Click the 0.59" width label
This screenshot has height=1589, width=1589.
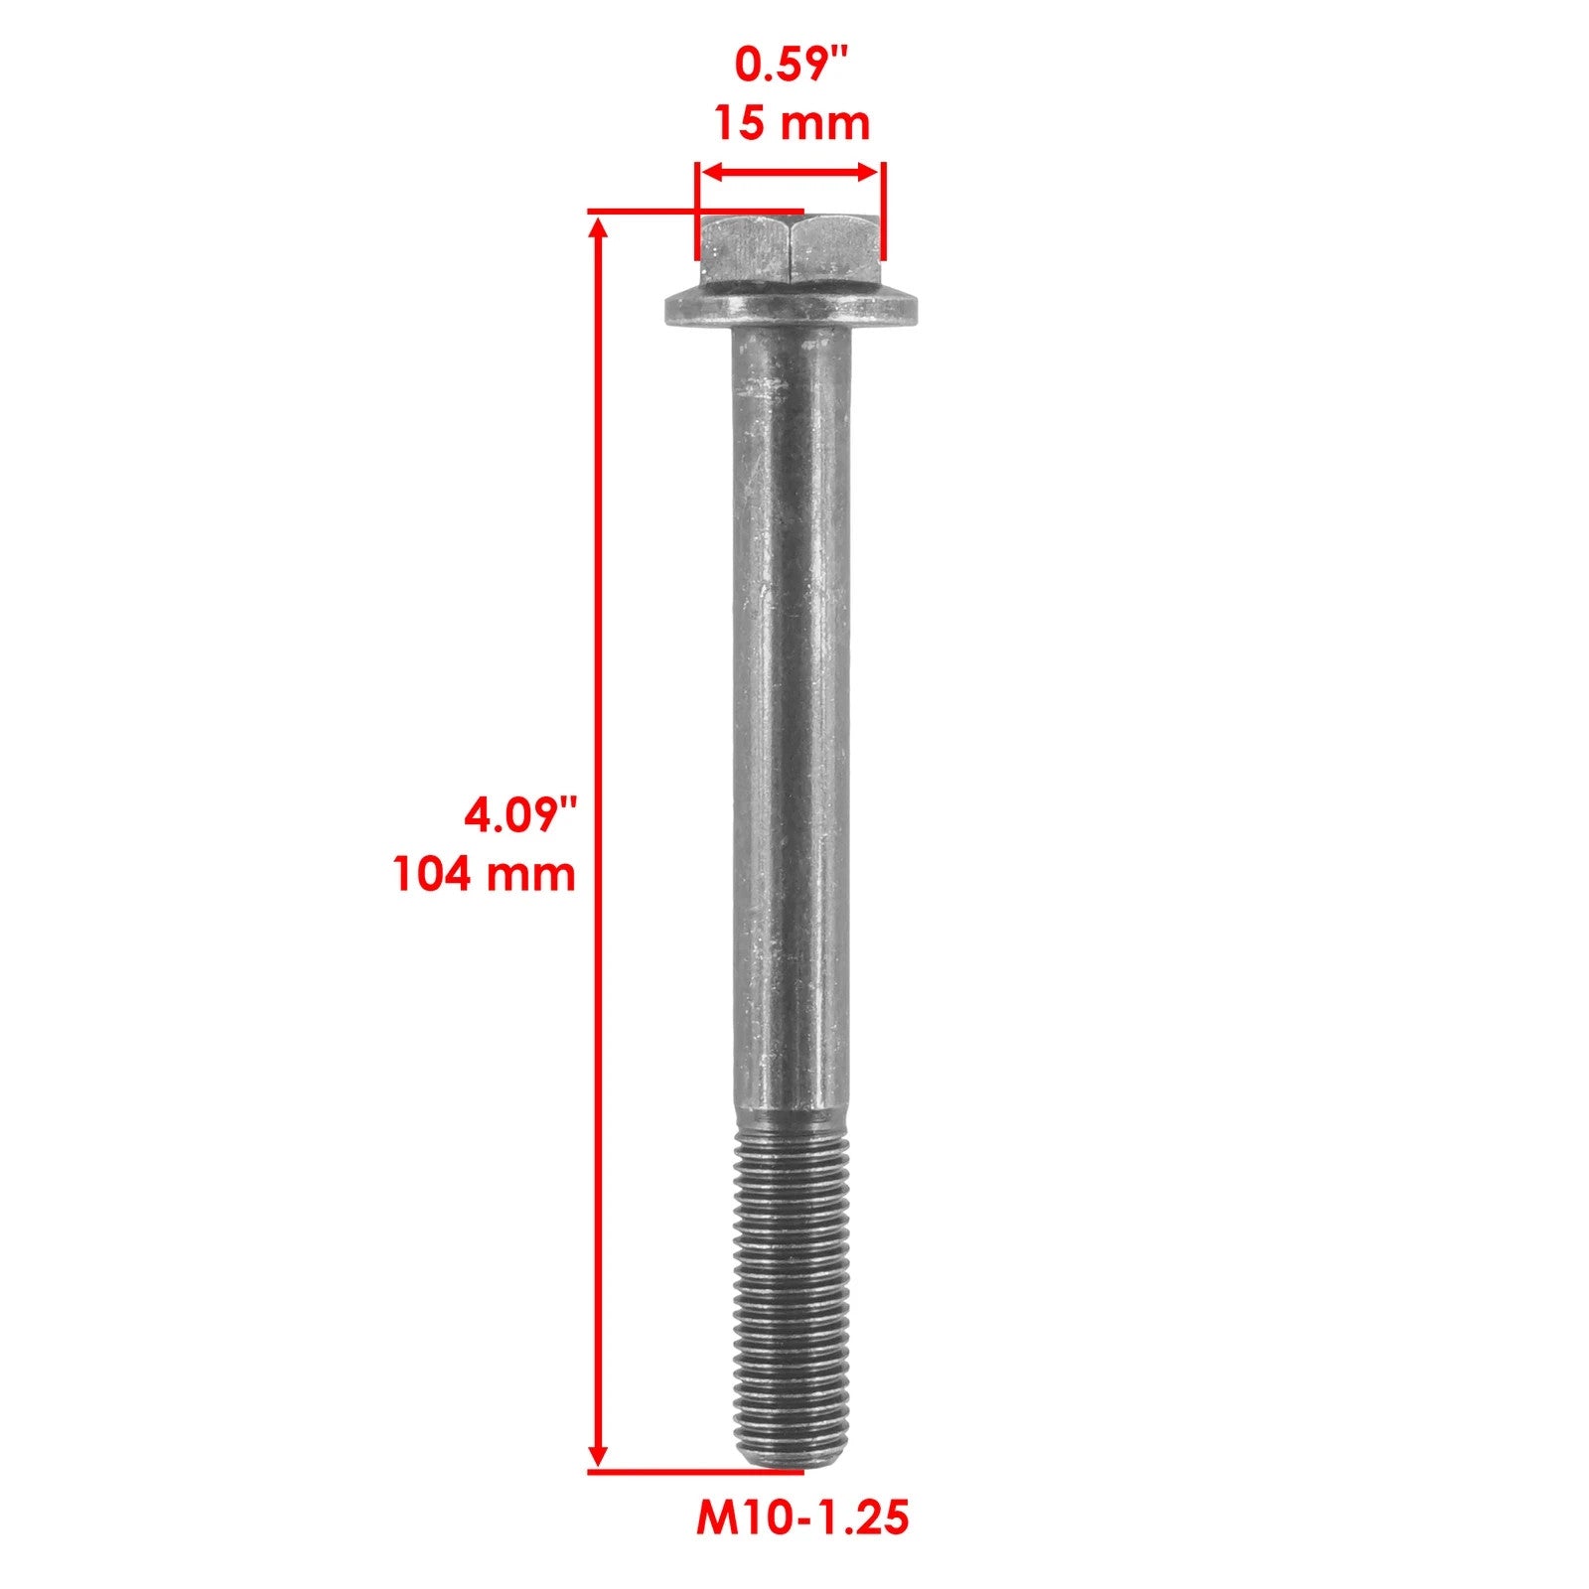[793, 66]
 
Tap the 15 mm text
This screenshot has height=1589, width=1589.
[793, 123]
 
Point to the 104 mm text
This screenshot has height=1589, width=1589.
[485, 875]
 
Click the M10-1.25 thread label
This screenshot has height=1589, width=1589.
[802, 1517]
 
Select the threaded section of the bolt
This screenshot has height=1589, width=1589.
[792, 1291]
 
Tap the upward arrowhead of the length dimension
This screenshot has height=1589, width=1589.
[598, 230]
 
